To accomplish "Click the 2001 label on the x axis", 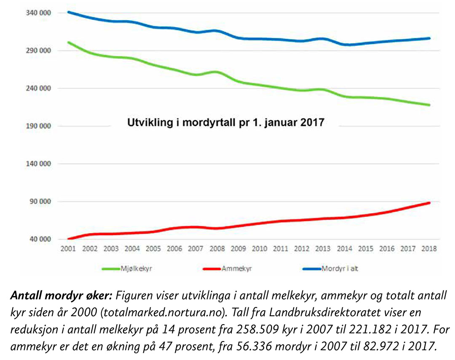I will tap(68, 249).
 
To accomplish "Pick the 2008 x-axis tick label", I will tap(217, 249).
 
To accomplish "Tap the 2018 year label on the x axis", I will tap(429, 249).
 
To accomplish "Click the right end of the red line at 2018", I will tap(429, 203).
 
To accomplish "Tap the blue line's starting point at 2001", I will tap(68, 12).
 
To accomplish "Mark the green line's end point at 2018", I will tap(429, 105).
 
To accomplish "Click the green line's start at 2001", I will tap(68, 42).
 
